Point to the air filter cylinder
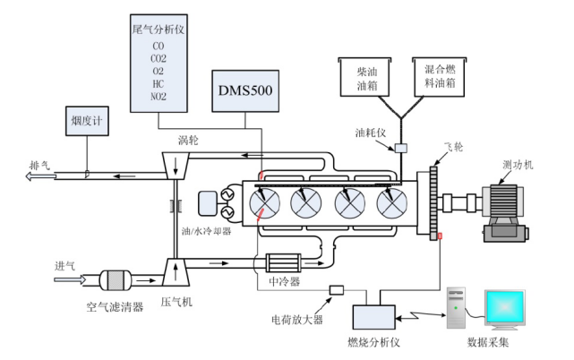coord(114,279)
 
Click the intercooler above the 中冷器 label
coord(286,264)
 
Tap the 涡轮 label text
coord(189,139)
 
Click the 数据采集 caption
coord(490,342)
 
